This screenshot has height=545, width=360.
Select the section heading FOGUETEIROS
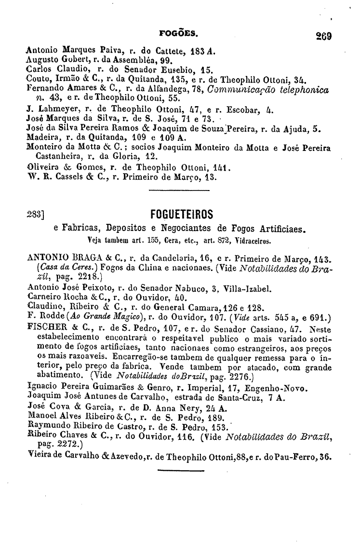point(182,214)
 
